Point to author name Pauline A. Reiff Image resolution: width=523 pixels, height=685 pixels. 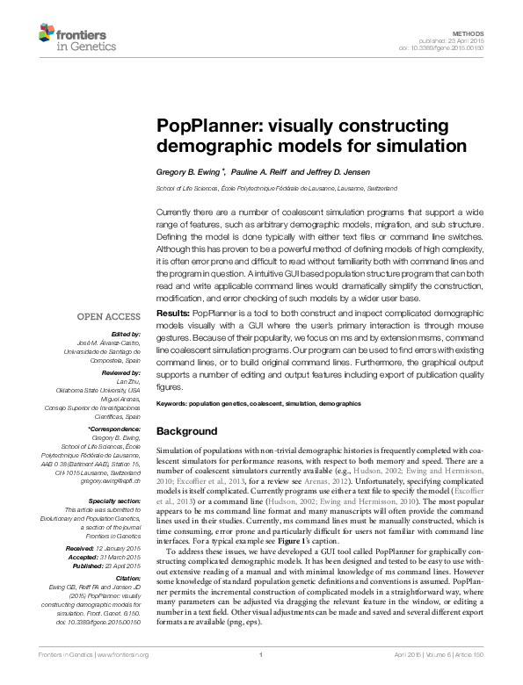pyautogui.click(x=258, y=172)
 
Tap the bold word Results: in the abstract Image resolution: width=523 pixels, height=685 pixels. pyautogui.click(x=172, y=314)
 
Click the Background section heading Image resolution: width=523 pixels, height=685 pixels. pyautogui.click(x=185, y=431)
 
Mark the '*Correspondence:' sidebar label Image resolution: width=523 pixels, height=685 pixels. pyautogui.click(x=115, y=428)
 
